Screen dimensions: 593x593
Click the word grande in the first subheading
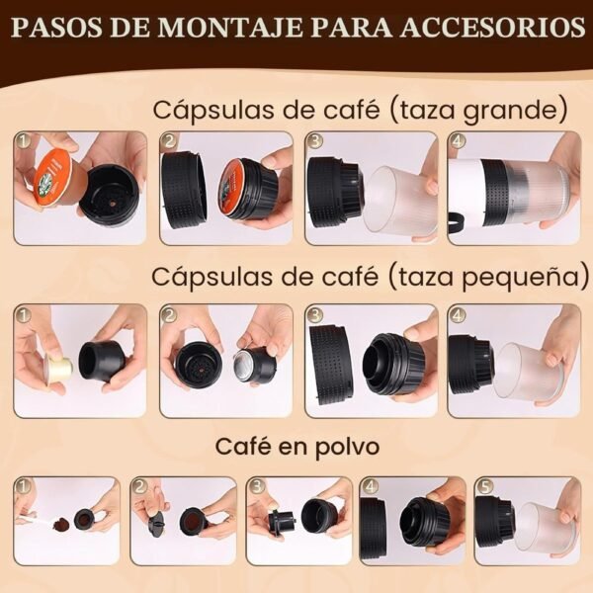(516, 111)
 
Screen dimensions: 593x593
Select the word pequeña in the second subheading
(526, 278)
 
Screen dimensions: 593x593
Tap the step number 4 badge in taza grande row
(459, 141)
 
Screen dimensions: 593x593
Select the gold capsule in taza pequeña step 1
(58, 365)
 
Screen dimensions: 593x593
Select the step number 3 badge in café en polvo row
(257, 486)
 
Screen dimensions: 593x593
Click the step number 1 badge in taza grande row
(24, 141)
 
